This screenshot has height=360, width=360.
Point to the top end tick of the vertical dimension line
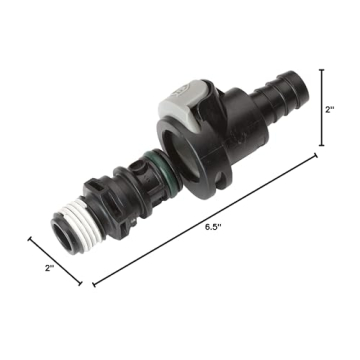point(321,70)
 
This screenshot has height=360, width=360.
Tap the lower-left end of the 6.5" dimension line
point(95,285)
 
